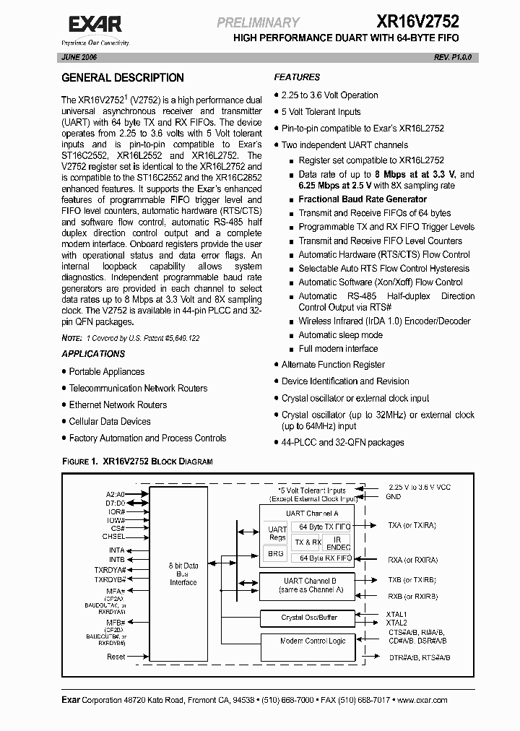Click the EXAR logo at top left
pyautogui.click(x=94, y=27)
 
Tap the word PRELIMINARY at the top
pyautogui.click(x=258, y=23)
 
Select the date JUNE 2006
pyautogui.click(x=79, y=56)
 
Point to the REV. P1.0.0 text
pyautogui.click(x=453, y=56)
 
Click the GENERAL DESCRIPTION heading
pyautogui.click(x=123, y=78)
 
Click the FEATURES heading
pyautogui.click(x=297, y=77)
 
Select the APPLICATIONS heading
pyautogui.click(x=93, y=354)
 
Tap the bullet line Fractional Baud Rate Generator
pyautogui.click(x=363, y=199)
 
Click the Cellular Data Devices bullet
pyautogui.click(x=110, y=422)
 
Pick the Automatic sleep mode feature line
pyautogui.click(x=341, y=335)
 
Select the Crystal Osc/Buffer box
pyautogui.click(x=308, y=618)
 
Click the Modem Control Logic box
pyautogui.click(x=313, y=641)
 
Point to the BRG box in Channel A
pyautogui.click(x=275, y=553)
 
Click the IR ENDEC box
pyautogui.click(x=336, y=542)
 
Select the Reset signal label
pyautogui.click(x=116, y=657)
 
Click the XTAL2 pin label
pyautogui.click(x=396, y=623)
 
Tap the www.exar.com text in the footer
pyautogui.click(x=422, y=700)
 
